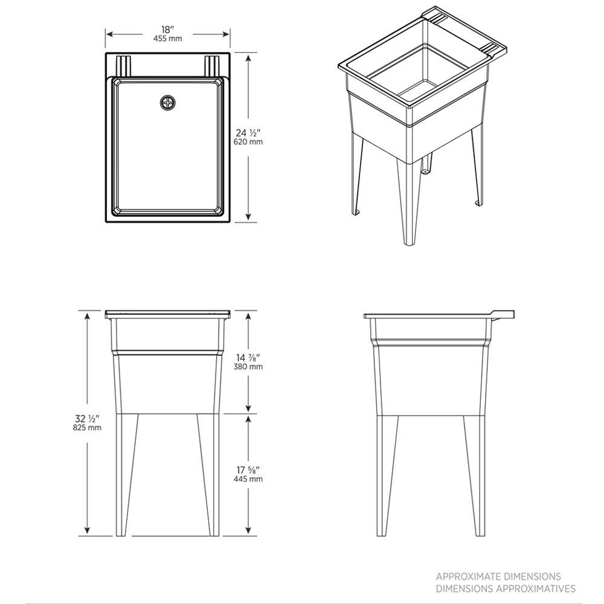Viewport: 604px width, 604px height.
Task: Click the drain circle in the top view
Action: tap(167, 103)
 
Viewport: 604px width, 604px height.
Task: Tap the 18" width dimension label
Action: tap(168, 30)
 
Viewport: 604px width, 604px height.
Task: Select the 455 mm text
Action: tap(167, 39)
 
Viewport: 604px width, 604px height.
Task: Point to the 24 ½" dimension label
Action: tap(248, 133)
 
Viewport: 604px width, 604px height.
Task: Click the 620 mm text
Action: tap(248, 142)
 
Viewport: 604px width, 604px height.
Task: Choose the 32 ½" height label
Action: tap(88, 419)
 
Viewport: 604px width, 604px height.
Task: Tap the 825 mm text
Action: tap(88, 428)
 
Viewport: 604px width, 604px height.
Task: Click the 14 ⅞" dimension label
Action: tap(248, 358)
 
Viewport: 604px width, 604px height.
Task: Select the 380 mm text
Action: tap(248, 367)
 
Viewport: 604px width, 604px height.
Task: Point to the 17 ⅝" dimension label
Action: tap(248, 471)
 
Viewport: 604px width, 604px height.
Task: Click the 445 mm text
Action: tap(248, 479)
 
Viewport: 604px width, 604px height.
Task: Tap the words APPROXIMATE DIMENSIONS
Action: tap(498, 577)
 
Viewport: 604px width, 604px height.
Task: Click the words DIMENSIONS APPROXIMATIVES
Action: tap(506, 588)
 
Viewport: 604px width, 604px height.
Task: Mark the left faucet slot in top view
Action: tap(123, 66)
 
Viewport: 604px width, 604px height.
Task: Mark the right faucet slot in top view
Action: tap(212, 66)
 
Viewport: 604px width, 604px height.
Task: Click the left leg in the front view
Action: tap(126, 475)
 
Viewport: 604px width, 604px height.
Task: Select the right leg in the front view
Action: tap(209, 475)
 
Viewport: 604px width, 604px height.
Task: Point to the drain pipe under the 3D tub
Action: tap(426, 164)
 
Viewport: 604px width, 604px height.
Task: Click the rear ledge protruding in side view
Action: tap(503, 315)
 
